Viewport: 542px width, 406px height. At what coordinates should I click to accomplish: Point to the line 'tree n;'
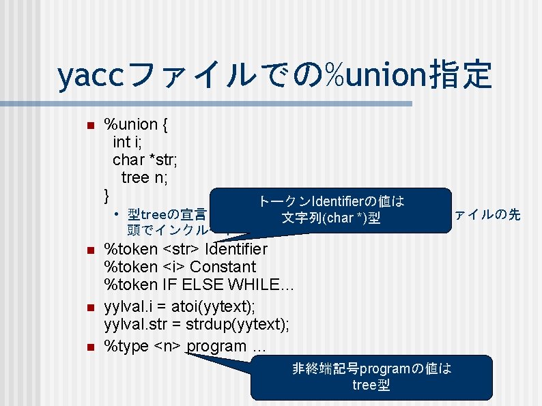[x=145, y=177]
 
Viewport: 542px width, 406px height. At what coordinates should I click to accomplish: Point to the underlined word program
[x=216, y=346]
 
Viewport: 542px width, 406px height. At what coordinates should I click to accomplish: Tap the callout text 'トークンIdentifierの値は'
[x=331, y=201]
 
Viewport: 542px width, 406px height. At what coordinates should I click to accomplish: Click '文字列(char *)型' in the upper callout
[x=331, y=218]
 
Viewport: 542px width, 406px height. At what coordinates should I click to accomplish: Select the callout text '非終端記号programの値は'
[x=371, y=368]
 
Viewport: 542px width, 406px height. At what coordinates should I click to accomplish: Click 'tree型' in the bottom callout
[x=371, y=386]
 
